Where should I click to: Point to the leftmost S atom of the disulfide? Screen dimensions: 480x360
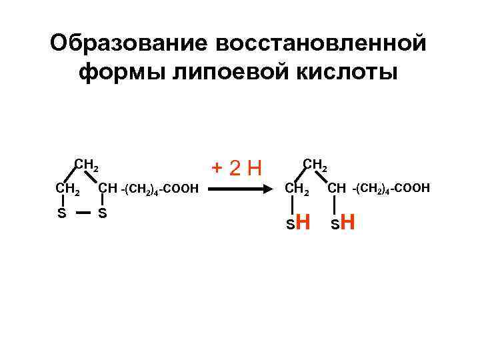tap(61, 214)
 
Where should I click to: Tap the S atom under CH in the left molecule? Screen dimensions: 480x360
tap(102, 214)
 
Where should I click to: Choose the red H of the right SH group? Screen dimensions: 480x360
tap(347, 222)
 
